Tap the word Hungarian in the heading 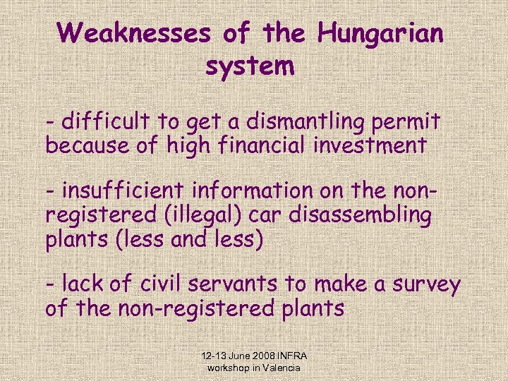[x=380, y=33]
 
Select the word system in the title [x=250, y=67]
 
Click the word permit [x=408, y=122]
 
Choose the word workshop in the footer [x=228, y=368]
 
